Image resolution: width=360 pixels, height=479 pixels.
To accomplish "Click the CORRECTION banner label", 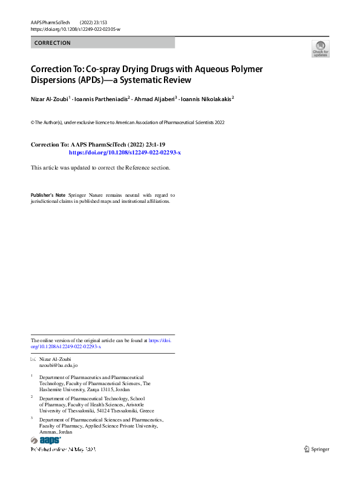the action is [x=53, y=43].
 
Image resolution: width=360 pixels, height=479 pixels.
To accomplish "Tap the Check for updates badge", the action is [x=320, y=48].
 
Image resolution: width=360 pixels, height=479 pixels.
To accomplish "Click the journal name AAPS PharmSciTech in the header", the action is [x=50, y=22].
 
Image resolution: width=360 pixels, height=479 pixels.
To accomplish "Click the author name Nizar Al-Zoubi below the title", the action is [x=49, y=97].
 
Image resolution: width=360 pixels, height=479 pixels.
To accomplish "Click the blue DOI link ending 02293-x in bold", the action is [x=125, y=153].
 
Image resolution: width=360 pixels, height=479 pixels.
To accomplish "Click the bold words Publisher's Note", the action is [x=48, y=196].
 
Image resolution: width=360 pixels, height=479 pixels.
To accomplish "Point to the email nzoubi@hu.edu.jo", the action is [x=58, y=366].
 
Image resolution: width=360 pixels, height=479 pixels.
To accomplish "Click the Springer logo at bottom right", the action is [x=316, y=448].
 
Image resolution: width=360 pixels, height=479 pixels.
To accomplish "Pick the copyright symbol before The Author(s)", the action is [x=32, y=122].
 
